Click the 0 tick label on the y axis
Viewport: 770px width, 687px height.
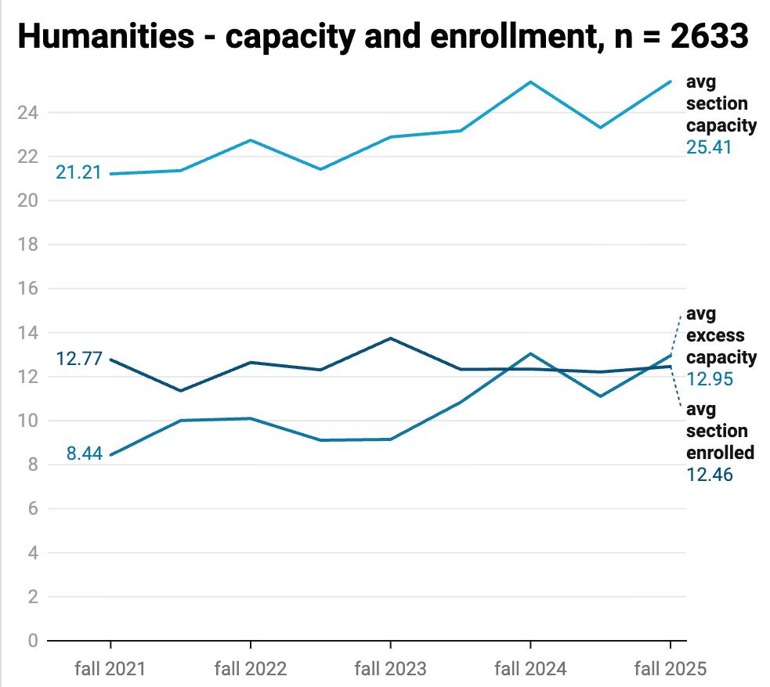pos(33,641)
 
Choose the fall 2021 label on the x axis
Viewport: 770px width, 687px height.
pos(110,668)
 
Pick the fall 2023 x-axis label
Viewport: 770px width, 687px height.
pos(390,668)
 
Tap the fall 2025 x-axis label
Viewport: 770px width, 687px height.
pos(670,668)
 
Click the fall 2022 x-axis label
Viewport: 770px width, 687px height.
pos(251,668)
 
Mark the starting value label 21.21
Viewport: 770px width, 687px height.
pos(78,172)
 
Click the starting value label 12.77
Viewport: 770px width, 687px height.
pos(79,360)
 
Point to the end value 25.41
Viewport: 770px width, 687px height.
pos(709,146)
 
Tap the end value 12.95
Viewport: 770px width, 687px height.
pos(709,379)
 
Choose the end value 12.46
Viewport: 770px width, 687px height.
pos(710,474)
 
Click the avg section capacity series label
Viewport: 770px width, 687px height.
pos(721,103)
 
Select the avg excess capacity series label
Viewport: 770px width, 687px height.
pos(721,336)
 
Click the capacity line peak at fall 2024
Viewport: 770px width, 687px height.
pos(530,81)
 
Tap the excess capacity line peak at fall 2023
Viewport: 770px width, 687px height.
pos(390,338)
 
